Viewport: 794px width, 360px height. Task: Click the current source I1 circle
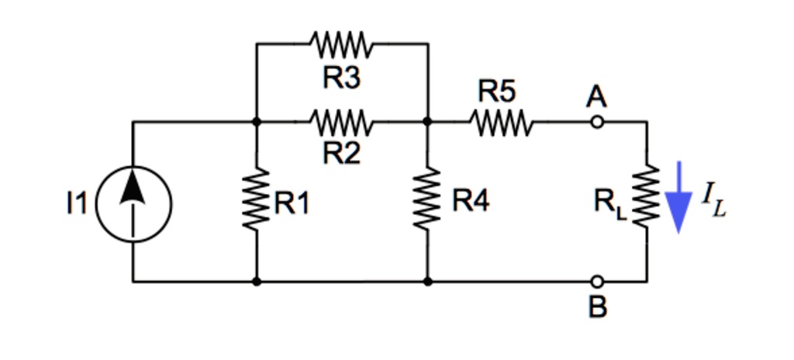[x=133, y=203]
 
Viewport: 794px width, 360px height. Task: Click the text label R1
[x=292, y=204]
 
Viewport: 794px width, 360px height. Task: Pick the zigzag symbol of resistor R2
[x=342, y=122]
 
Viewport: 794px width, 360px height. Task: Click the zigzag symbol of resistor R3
[x=342, y=43]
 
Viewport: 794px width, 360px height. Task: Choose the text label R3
[x=342, y=77]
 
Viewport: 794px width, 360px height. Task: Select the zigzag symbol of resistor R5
[x=500, y=122]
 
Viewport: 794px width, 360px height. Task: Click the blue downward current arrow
[x=678, y=197]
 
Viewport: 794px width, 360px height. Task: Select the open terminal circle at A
[x=596, y=122]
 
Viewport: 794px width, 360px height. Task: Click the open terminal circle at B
[x=596, y=282]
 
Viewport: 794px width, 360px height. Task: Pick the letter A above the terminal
[x=595, y=97]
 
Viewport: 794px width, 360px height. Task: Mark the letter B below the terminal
[x=596, y=308]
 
